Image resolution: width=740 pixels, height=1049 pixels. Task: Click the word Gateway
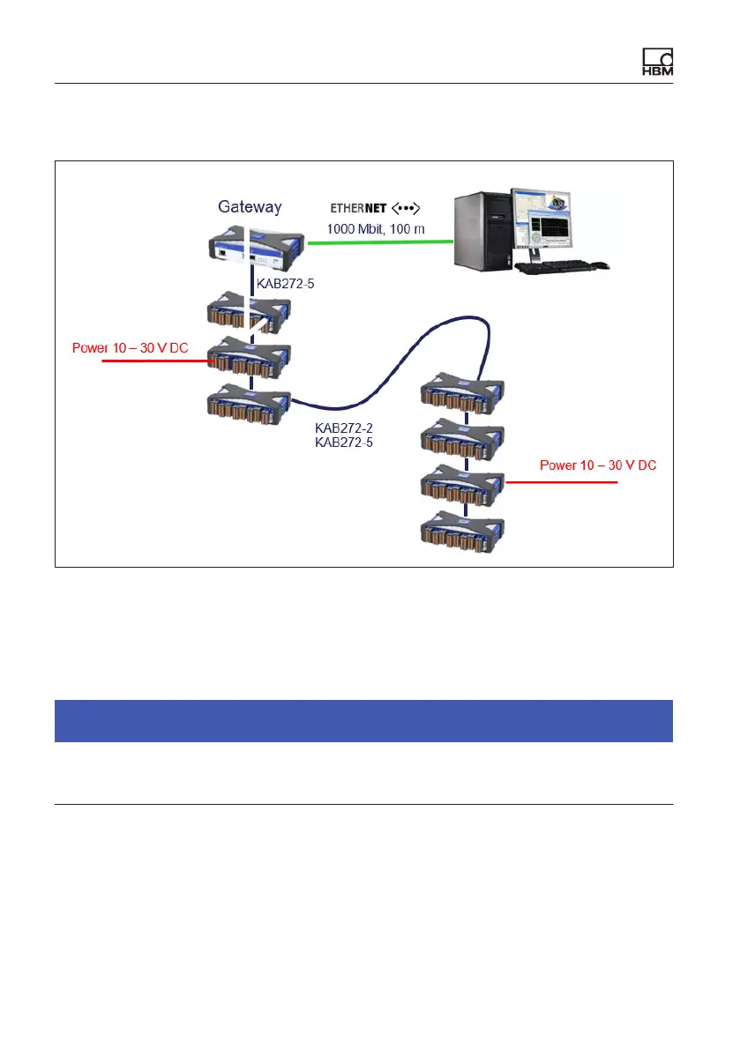pyautogui.click(x=250, y=207)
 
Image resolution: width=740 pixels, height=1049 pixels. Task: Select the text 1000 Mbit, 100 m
pyautogui.click(x=374, y=229)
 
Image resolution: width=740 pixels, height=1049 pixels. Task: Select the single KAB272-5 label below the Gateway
pyautogui.click(x=286, y=285)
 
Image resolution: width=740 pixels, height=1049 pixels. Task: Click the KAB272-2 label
pyautogui.click(x=344, y=428)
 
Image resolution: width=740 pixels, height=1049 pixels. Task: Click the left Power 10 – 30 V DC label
pyautogui.click(x=129, y=348)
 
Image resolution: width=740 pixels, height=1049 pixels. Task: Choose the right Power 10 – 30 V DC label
pyautogui.click(x=597, y=465)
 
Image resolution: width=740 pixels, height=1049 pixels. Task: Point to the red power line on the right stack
pyautogui.click(x=564, y=483)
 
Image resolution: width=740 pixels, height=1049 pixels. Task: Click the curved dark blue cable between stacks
pyautogui.click(x=388, y=370)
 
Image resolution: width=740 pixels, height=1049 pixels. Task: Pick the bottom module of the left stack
pyautogui.click(x=248, y=405)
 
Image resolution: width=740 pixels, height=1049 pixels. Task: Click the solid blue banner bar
pyautogui.click(x=363, y=720)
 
